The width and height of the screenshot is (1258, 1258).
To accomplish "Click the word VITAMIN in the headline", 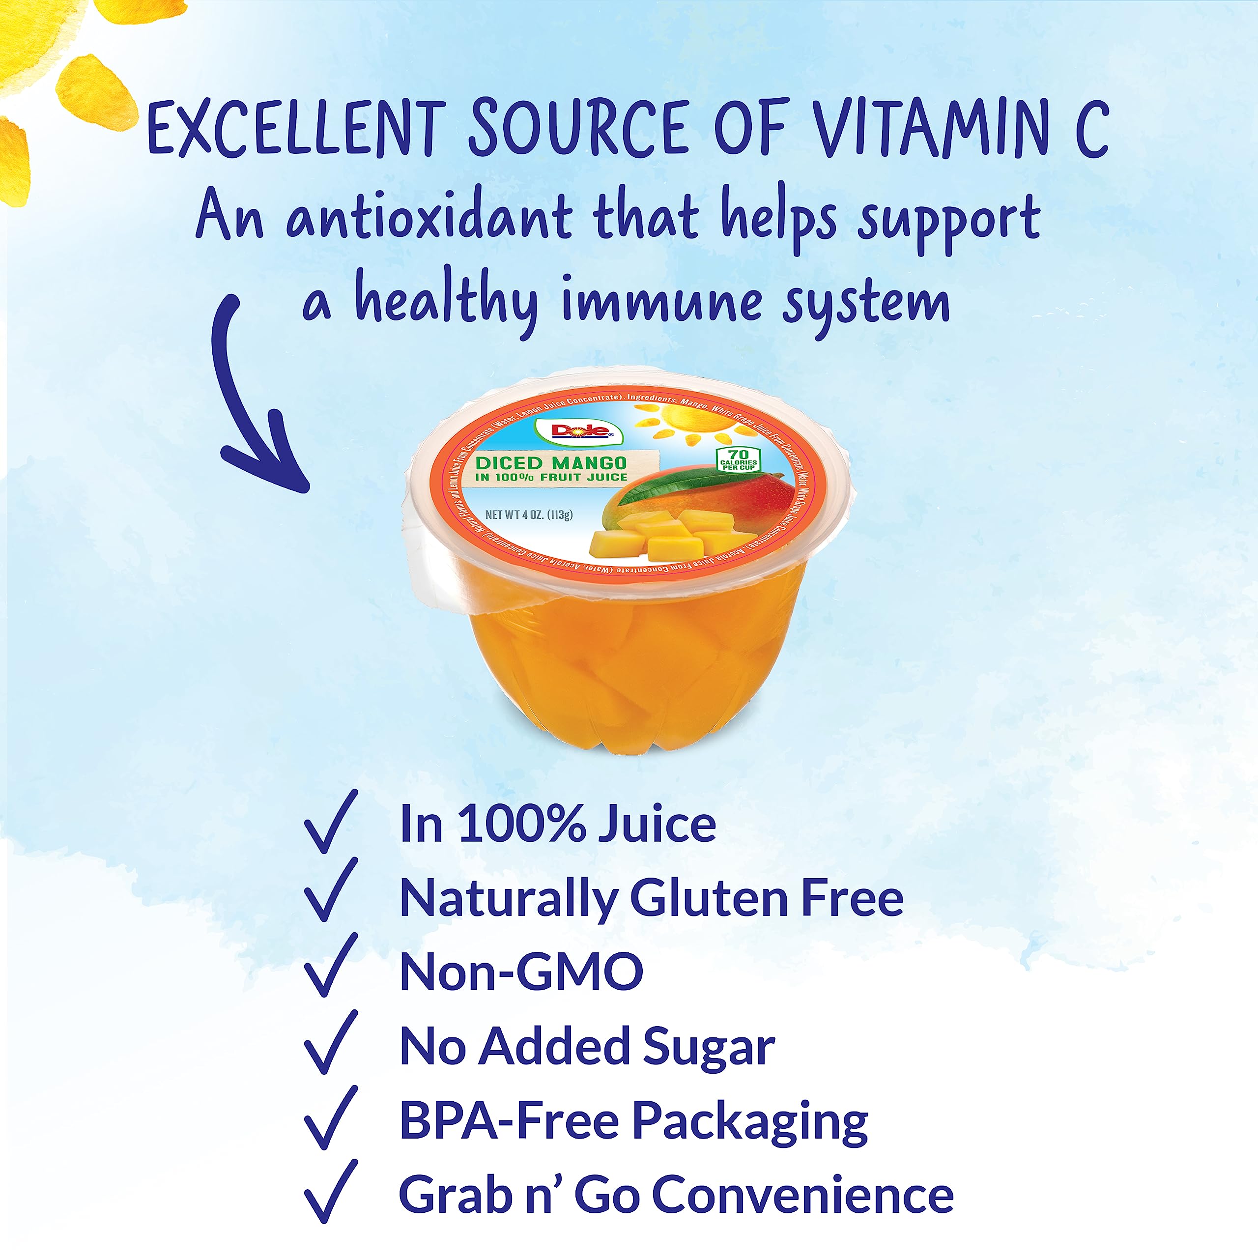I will tap(932, 128).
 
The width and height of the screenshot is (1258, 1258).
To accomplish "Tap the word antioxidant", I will tap(429, 217).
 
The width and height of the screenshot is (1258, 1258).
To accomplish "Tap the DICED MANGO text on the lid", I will tap(551, 463).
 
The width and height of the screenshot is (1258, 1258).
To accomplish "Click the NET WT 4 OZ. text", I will tap(529, 515).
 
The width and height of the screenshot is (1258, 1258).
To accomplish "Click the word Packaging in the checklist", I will tap(749, 1121).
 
